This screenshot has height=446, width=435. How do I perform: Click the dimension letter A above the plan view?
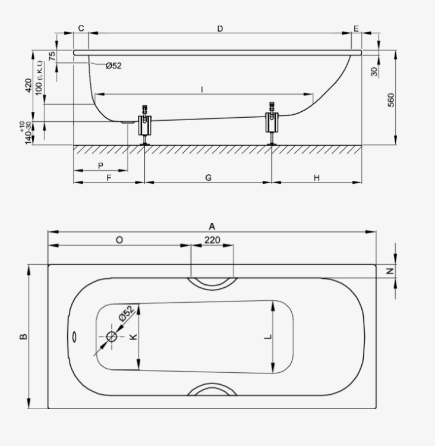[x=212, y=227]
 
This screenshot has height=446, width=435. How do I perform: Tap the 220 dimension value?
[x=212, y=240]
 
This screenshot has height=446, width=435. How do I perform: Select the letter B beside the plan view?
[x=24, y=337]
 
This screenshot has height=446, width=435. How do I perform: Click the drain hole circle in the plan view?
[x=112, y=337]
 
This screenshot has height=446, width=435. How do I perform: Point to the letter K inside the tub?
[x=133, y=337]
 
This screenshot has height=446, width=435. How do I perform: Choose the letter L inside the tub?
[x=268, y=337]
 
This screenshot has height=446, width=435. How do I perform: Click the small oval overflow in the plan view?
[x=74, y=337]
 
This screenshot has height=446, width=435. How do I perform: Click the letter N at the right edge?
[x=390, y=271]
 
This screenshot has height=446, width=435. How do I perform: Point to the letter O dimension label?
[x=119, y=240]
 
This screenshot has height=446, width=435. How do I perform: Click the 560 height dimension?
[x=391, y=100]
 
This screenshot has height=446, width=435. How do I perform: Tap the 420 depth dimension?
[x=29, y=85]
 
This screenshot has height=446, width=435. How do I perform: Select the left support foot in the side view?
[x=145, y=125]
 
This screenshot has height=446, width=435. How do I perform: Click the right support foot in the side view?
[x=272, y=124]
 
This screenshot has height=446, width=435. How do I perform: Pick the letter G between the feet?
[x=209, y=178]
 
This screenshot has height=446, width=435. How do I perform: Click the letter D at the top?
[x=220, y=29]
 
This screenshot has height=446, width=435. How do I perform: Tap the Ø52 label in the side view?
[x=114, y=65]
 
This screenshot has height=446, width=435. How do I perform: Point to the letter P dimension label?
[x=100, y=166]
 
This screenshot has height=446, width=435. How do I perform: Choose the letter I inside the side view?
[x=202, y=90]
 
